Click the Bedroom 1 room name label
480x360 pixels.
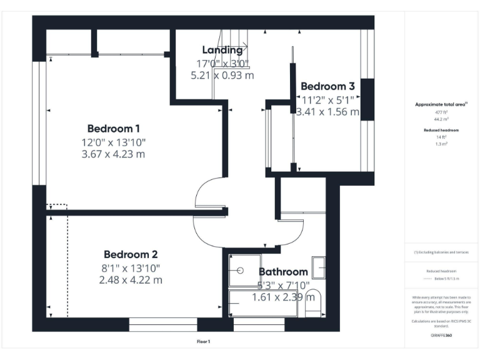113,129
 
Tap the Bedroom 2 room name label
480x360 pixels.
130,254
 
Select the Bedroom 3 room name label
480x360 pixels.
327,86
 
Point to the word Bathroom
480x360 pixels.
283,272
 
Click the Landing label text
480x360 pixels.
222,50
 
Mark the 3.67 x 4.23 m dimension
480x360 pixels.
113,154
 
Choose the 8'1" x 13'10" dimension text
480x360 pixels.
130,267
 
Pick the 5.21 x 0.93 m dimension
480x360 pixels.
222,75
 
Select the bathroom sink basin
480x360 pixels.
319,267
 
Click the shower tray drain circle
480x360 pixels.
241,271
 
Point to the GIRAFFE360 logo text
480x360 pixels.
441,336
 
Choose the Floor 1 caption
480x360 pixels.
203,341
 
